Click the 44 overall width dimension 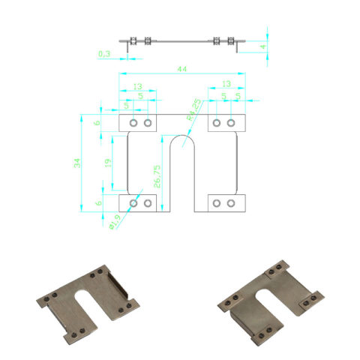181,69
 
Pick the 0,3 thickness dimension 104,54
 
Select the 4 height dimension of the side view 263,46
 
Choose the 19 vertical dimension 109,163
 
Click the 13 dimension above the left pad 137,86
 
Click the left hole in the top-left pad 133,122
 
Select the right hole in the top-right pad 231,122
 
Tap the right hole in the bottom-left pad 148,202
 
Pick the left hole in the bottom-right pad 217,202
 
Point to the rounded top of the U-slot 182,138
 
